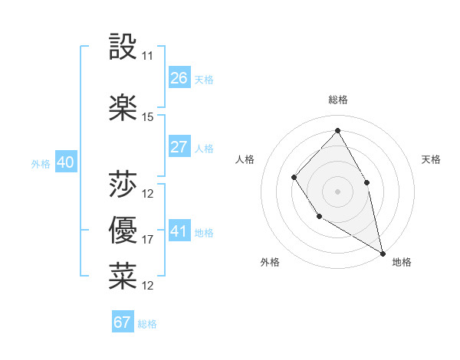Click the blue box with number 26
tap(179, 77)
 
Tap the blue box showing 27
tap(179, 147)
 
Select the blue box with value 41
tap(179, 231)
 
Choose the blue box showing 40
tap(65, 162)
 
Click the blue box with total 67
tap(123, 322)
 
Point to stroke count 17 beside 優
tap(148, 240)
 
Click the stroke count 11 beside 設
tap(148, 56)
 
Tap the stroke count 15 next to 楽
tap(148, 117)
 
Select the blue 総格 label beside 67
tap(147, 324)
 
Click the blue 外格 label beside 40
tap(41, 163)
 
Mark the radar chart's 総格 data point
tap(337, 130)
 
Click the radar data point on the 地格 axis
tap(383, 253)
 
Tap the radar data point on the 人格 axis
tap(294, 178)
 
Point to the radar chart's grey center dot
tap(337, 191)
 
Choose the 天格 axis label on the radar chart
tap(432, 159)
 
